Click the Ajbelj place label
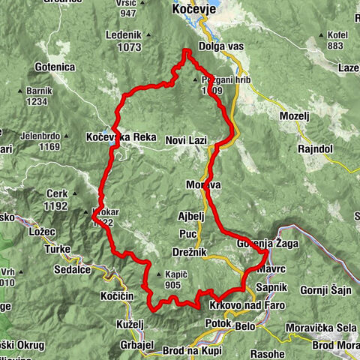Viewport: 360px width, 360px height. [x=190, y=215]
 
